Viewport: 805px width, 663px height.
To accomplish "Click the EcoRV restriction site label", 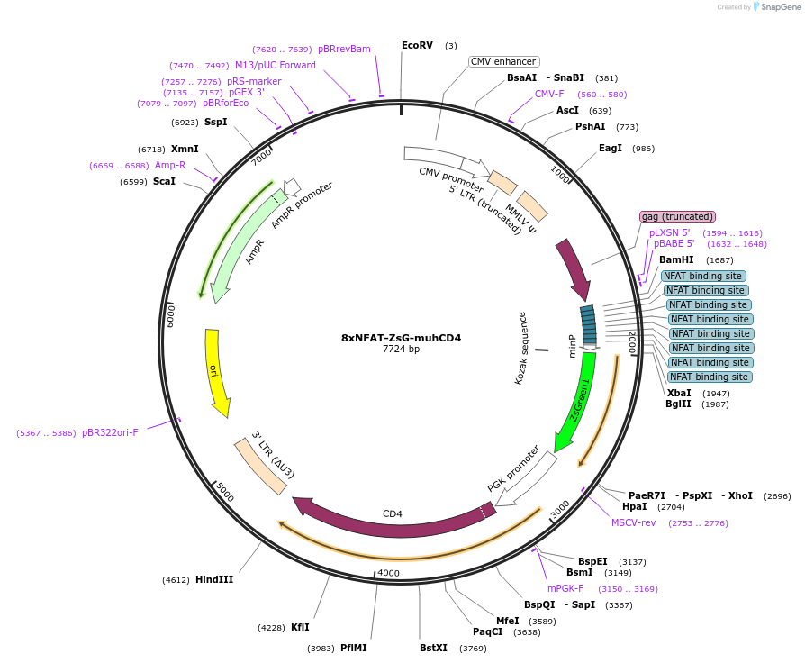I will pyautogui.click(x=417, y=45).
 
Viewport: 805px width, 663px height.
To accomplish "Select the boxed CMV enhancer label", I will pyautogui.click(x=504, y=61).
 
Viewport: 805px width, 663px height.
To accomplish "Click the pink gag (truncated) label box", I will pyautogui.click(x=677, y=216).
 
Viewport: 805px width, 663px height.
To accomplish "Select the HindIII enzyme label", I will pyautogui.click(x=214, y=579).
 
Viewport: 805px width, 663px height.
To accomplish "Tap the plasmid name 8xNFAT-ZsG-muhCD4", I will pyautogui.click(x=401, y=338).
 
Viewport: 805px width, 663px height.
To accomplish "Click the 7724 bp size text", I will pyautogui.click(x=401, y=349).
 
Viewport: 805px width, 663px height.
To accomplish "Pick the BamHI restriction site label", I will pyautogui.click(x=676, y=259).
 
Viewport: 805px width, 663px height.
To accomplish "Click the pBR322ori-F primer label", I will pyautogui.click(x=110, y=432).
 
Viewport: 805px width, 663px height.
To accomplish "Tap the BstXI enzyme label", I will pyautogui.click(x=433, y=648).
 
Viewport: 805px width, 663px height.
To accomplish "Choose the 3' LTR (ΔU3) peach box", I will pyautogui.click(x=261, y=466).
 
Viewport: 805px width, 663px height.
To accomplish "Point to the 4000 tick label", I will pyautogui.click(x=388, y=573).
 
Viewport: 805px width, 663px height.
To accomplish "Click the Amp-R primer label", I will pyautogui.click(x=170, y=165).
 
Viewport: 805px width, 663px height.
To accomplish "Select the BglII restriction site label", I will pyautogui.click(x=678, y=404).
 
